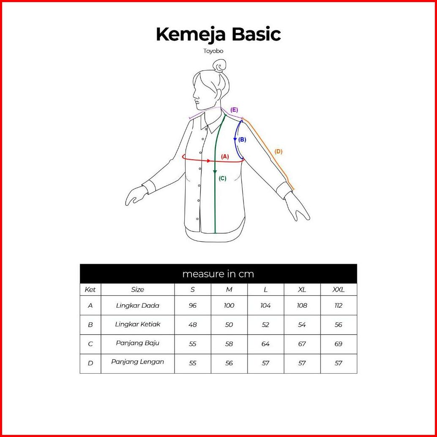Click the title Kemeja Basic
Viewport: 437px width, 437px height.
pos(218,34)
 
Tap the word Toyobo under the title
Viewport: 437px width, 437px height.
pos(213,51)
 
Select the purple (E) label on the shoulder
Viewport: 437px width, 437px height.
pos(234,110)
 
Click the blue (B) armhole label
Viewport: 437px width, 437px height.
pos(242,139)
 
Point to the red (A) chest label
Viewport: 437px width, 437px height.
pos(225,157)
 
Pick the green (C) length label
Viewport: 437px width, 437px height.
pos(222,178)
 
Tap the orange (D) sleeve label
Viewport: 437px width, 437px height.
pos(279,152)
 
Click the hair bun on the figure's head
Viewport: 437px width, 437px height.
pos(219,66)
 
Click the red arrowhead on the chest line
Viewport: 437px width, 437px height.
pos(209,161)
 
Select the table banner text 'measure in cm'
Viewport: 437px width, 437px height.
pos(218,274)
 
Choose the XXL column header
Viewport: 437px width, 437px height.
pos(339,290)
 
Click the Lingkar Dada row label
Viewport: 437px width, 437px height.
pos(138,306)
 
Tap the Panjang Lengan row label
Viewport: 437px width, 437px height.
pos(138,362)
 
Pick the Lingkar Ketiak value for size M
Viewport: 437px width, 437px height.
pos(229,325)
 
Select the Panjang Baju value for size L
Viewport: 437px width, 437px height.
pos(265,344)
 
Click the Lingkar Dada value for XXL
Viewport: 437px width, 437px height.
pos(339,306)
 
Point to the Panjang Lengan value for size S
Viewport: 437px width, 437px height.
pos(193,363)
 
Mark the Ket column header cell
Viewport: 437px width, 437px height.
pos(90,290)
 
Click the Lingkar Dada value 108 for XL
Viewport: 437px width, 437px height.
pos(302,306)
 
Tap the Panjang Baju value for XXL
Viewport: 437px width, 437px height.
pos(339,344)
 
